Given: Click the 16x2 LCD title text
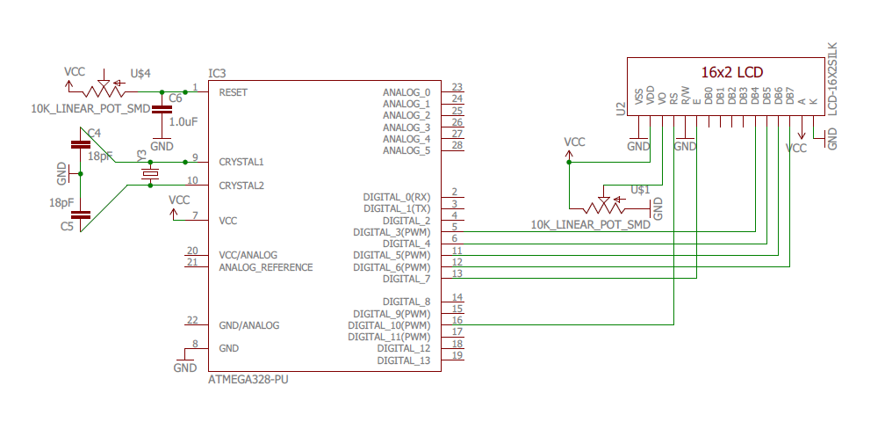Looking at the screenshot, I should (x=731, y=71).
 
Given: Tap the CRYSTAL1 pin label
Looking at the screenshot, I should (x=241, y=162).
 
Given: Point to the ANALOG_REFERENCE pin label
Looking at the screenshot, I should (x=265, y=267).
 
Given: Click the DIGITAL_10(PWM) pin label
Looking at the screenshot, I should (x=389, y=325).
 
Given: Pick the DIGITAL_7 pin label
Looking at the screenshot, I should (x=407, y=279).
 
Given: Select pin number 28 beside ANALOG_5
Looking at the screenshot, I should (x=457, y=145).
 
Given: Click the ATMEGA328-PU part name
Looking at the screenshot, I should (x=248, y=380).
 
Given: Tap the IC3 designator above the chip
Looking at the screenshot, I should (x=217, y=73).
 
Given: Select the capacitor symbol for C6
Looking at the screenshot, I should (x=162, y=109).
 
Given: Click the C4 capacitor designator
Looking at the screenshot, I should (x=94, y=133).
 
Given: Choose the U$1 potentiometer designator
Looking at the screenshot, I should (x=640, y=190).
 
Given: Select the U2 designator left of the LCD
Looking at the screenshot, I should (x=620, y=108).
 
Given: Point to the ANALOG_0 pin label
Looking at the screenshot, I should (x=407, y=92).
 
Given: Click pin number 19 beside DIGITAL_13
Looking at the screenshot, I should (x=457, y=355).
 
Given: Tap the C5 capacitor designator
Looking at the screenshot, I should (x=67, y=227).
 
